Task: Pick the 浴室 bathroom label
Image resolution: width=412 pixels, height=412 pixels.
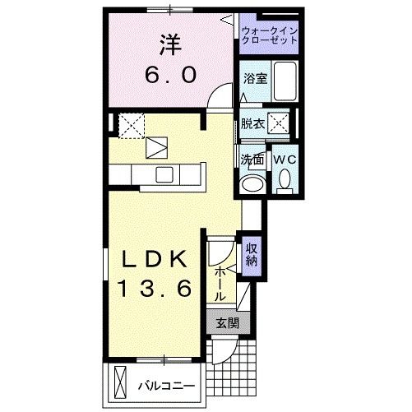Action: tap(254, 79)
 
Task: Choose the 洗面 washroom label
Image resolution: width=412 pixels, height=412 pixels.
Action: tap(252, 160)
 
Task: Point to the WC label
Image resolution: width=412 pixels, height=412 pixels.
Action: tap(285, 160)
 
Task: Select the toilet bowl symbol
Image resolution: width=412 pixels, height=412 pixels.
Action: tap(285, 178)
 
